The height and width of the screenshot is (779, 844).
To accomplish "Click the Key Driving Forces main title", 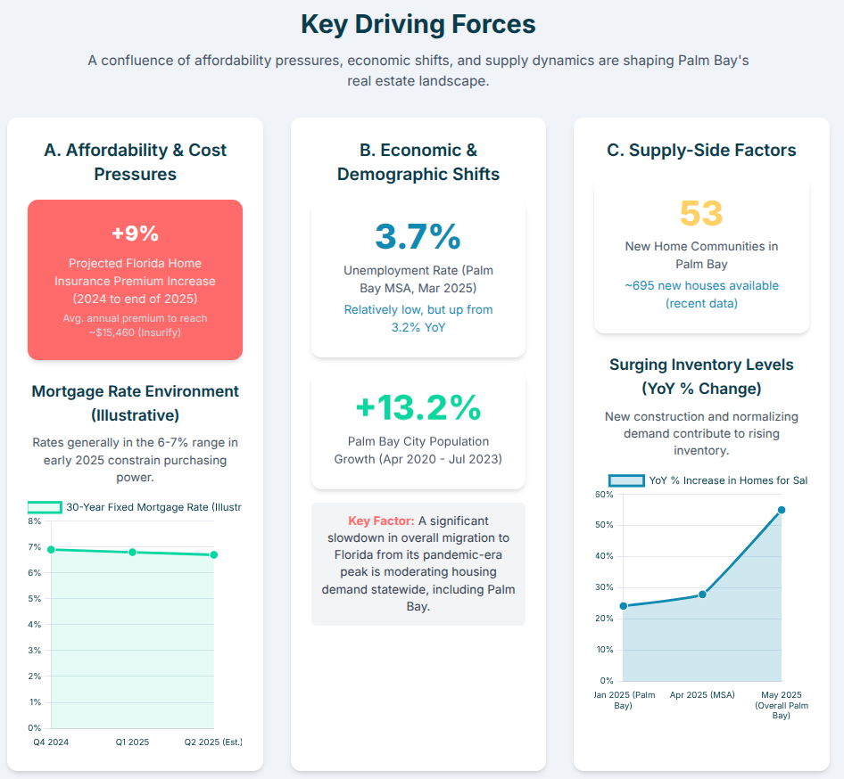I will point(418,24).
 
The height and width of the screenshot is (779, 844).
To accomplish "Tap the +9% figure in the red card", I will point(135,234).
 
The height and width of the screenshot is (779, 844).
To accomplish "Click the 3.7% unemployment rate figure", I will point(418,236).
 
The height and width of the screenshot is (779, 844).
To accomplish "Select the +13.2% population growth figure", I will point(418,407).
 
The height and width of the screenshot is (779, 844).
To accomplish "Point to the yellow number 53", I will point(701,213).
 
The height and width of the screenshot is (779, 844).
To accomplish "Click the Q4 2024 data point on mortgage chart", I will point(51,549).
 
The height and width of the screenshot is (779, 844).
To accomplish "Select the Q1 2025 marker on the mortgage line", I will point(132,553).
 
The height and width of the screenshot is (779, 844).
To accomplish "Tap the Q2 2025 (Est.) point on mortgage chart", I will point(214,554).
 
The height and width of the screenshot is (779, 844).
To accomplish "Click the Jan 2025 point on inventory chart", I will point(623,606).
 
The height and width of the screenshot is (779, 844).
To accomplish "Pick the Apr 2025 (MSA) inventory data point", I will point(702,594).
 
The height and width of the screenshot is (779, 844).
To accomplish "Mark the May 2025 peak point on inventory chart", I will point(782,510).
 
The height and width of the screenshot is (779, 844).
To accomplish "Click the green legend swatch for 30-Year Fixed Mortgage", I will point(45,507).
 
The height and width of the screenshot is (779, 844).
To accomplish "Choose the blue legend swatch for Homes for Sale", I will point(625,480).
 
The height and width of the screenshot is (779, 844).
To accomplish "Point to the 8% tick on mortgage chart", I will point(35,521).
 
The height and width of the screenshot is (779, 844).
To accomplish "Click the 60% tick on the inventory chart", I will point(603,494).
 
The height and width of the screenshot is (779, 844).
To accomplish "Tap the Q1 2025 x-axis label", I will point(132,742).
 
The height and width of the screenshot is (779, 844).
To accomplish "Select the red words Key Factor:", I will point(381,521).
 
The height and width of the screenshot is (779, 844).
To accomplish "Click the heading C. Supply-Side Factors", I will point(701,150).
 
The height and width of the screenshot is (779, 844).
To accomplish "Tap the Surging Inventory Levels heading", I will point(701,365).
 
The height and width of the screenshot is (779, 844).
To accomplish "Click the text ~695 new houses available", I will point(701,286).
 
